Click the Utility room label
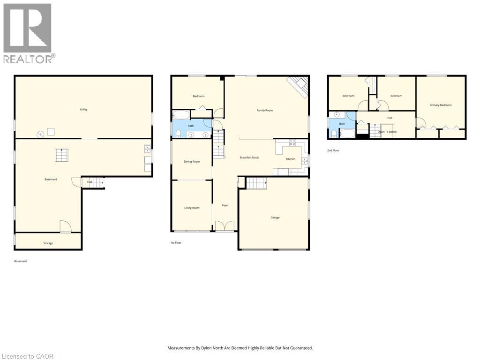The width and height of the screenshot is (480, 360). [x=83, y=109]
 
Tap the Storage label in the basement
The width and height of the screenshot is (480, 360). [x=48, y=243]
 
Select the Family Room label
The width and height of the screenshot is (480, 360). [x=264, y=110]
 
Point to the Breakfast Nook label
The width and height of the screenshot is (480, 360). [x=249, y=157]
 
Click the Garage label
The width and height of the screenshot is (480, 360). [x=275, y=217]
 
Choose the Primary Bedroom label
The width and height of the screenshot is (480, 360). [x=441, y=105]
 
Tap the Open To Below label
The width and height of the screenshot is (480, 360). [x=387, y=132]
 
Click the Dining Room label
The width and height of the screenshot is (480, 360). [x=192, y=162]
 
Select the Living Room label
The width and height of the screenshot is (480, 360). [x=191, y=208]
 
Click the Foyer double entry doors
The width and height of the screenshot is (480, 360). [x=225, y=226]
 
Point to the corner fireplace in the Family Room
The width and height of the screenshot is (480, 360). [x=298, y=86]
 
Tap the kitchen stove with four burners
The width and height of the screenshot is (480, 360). [x=292, y=142]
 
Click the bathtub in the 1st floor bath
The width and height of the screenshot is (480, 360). [x=181, y=115]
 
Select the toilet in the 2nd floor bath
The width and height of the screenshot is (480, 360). [x=333, y=134]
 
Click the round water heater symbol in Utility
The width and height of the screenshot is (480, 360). [x=41, y=134]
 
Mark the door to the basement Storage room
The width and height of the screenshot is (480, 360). [x=65, y=227]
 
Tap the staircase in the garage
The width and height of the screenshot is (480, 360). [x=256, y=183]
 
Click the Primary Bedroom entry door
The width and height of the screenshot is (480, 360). [x=420, y=124]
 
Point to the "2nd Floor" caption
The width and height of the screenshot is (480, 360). [x=333, y=150]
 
